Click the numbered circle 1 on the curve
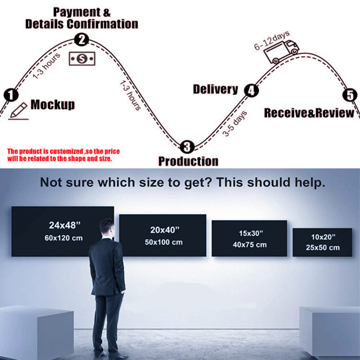pos(11,95)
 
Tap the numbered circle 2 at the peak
pos(82,39)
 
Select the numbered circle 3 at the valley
pos(187,147)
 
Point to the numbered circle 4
pos(252,90)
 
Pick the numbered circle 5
pos(350,95)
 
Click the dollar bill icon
pos(82,59)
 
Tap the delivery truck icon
pos(281,52)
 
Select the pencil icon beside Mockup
pos(18,111)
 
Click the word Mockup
pos(53,105)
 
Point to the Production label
pos(188,161)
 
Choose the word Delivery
pos(216,89)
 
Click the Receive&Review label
pos(309,113)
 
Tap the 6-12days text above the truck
pos(272,40)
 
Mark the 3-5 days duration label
pos(235,123)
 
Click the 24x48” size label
pos(65,225)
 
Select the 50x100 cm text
pos(164,242)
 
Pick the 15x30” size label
pos(251,233)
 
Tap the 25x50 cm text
pos(323,248)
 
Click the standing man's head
pos(107,228)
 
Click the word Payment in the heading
pos(77,12)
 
